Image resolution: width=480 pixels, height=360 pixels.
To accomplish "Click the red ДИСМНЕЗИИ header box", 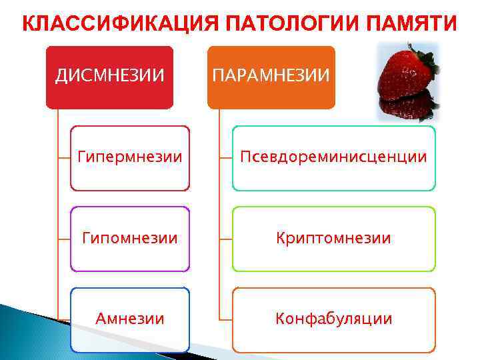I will click(109, 77).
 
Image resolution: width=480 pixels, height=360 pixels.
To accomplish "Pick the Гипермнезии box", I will click(130, 158).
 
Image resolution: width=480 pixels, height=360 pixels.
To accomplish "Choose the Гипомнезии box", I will click(130, 238).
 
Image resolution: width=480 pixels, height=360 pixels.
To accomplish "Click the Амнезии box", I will click(130, 319).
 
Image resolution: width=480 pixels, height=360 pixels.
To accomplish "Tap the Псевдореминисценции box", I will click(333, 158).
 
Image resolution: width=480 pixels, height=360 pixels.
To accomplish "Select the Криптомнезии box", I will click(333, 238).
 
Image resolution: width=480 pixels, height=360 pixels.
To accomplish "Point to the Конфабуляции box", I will click(333, 319).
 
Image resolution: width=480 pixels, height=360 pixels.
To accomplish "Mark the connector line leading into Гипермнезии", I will click(64, 158).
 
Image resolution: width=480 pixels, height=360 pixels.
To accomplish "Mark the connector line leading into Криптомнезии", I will click(225, 238).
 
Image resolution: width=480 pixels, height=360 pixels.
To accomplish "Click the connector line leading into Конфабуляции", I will click(225, 319).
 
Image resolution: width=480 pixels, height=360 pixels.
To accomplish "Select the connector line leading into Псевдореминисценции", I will click(225, 158).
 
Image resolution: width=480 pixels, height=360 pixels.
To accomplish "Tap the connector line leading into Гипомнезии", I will click(64, 238).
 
